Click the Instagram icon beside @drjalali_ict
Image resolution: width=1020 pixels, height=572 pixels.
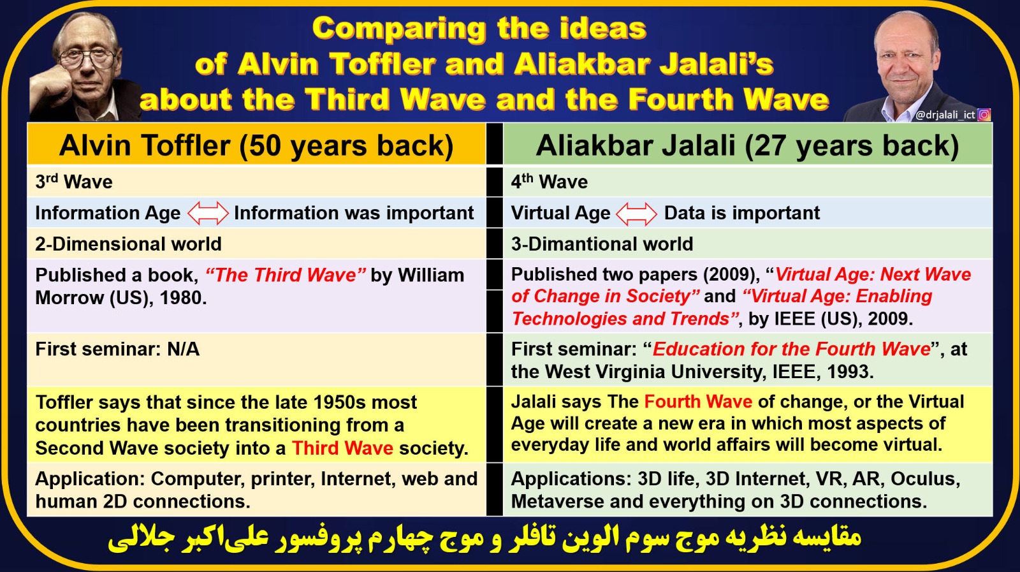pos(984,115)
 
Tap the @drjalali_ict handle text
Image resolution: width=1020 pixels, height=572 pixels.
pos(945,115)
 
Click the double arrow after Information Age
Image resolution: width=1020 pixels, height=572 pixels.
pos(208,213)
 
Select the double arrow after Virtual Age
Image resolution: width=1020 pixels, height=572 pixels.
pos(637,213)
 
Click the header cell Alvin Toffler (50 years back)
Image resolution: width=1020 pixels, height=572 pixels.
pos(256,145)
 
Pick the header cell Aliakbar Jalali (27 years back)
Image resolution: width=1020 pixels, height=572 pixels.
pos(747,145)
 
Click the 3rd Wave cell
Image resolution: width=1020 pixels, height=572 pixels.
pos(256,182)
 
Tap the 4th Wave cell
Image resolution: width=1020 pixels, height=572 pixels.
pos(747,182)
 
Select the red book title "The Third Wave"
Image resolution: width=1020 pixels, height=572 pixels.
pos(286,275)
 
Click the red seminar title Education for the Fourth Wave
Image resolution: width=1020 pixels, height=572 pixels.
pos(791,349)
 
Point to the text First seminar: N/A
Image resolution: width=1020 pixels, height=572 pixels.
pos(117,349)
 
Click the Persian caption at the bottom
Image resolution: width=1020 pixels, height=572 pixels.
pos(484,539)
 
